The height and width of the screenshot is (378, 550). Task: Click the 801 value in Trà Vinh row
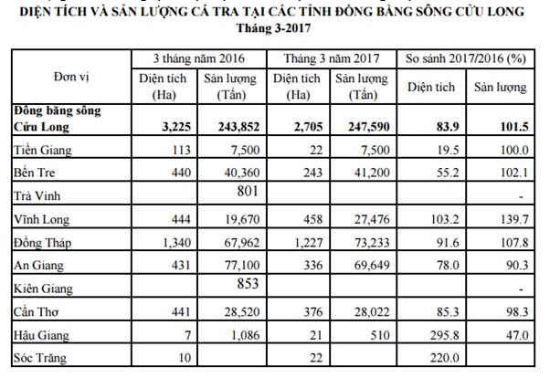click(x=238, y=191)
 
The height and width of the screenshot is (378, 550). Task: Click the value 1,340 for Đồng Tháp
click(x=172, y=242)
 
